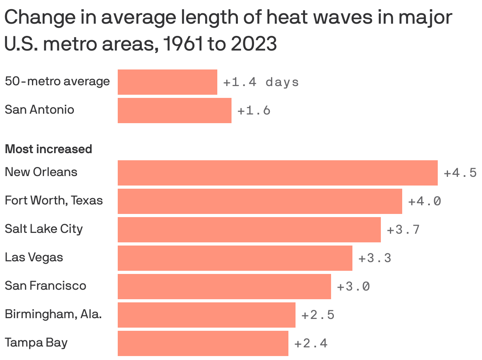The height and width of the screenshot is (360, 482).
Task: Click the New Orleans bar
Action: tap(277, 172)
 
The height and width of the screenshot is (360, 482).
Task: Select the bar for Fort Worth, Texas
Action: tap(260, 201)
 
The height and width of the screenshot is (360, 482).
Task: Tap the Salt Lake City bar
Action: tap(249, 229)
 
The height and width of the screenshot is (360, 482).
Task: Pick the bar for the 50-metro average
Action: tap(167, 82)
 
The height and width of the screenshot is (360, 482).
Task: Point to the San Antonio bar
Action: tap(174, 110)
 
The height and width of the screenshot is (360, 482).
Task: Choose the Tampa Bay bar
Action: tap(203, 343)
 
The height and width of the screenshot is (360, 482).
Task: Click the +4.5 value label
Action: tap(460, 173)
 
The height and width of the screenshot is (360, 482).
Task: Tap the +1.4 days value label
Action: tap(261, 82)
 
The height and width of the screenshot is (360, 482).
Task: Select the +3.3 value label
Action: tap(375, 258)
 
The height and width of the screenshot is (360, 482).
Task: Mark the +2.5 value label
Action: tap(318, 315)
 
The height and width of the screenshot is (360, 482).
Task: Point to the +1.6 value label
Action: tap(254, 111)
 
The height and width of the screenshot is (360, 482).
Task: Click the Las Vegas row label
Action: tap(34, 257)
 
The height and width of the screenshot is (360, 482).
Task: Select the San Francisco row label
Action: tap(45, 286)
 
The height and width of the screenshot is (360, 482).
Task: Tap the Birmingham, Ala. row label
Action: tap(53, 314)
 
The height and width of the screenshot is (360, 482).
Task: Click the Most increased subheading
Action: tap(48, 149)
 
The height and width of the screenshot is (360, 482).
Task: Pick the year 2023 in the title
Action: tap(254, 44)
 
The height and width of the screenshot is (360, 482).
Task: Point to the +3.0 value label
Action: tap(353, 287)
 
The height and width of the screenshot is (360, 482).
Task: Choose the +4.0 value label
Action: tap(424, 201)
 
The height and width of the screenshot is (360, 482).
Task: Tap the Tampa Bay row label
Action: tap(36, 343)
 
